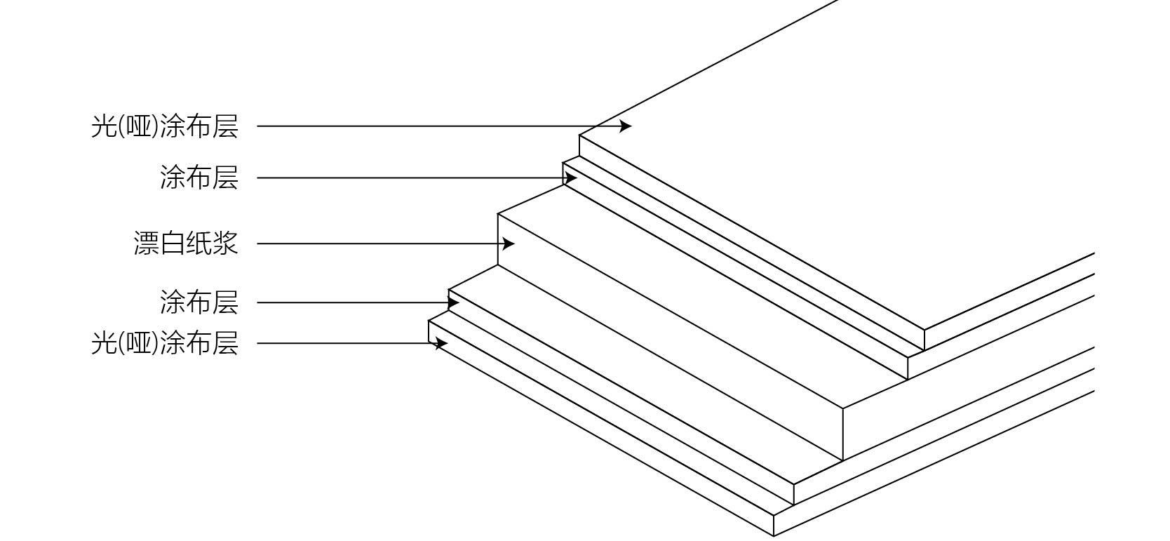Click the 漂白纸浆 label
[186, 243]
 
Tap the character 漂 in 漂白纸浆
[146, 243]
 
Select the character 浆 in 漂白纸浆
[226, 243]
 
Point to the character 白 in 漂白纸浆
[173, 243]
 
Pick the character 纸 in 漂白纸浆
[199, 243]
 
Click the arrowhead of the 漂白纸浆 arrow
[509, 244]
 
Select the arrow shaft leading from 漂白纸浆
[379, 244]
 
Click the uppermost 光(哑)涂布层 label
[165, 126]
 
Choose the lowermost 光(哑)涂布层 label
[165, 344]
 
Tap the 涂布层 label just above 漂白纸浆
[199, 178]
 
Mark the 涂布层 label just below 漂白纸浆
[199, 303]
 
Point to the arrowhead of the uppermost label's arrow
[626, 126]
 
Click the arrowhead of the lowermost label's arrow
[441, 344]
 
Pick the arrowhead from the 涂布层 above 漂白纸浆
[571, 178]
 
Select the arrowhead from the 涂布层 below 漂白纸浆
[454, 303]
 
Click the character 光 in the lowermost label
[103, 344]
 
